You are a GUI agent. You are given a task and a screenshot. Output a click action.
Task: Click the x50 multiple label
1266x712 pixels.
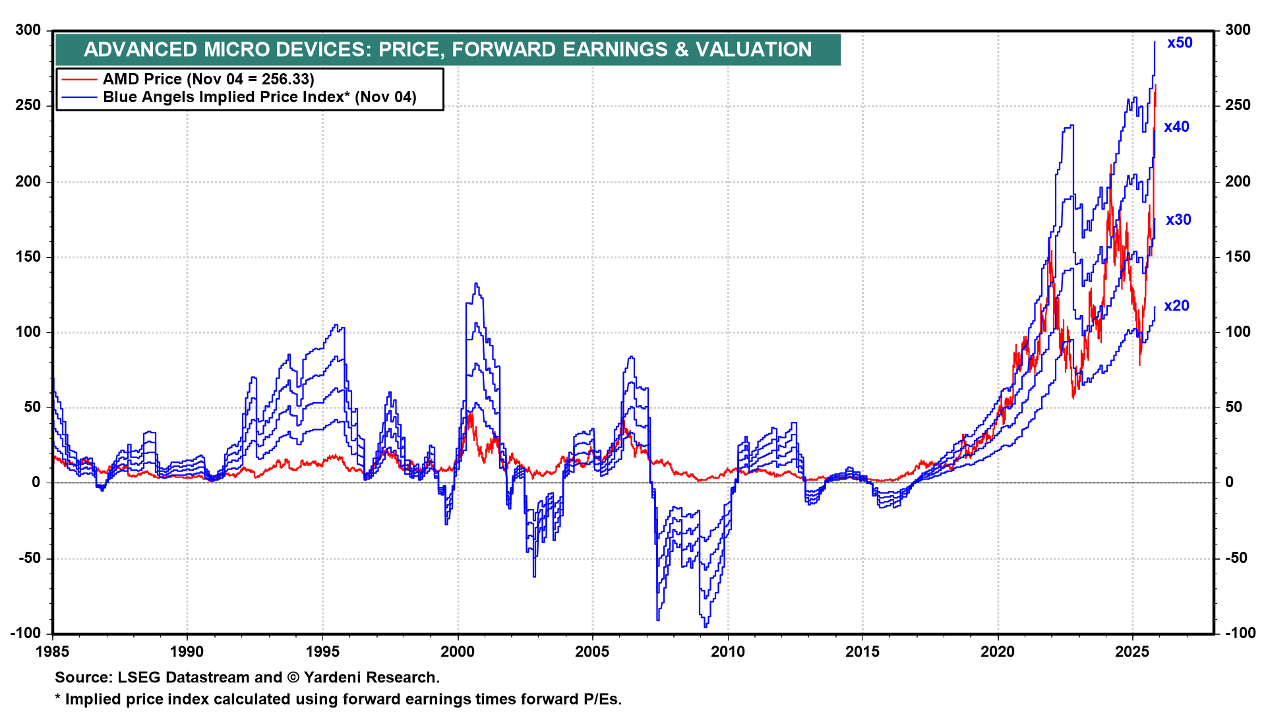pyautogui.click(x=1179, y=43)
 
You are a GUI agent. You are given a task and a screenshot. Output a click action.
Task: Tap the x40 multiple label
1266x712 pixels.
pyautogui.click(x=1176, y=127)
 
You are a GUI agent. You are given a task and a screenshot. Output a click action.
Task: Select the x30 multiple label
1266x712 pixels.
pyautogui.click(x=1178, y=220)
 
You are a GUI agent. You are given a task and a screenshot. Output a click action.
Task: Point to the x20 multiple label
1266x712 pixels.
pyautogui.click(x=1176, y=306)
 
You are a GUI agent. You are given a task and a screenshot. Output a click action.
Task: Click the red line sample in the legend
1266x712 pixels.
pyautogui.click(x=79, y=80)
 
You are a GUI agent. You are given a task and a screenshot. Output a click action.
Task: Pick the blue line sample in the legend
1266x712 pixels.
pyautogui.click(x=79, y=98)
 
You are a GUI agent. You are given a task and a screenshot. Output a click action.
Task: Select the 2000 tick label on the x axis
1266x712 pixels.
pyautogui.click(x=457, y=652)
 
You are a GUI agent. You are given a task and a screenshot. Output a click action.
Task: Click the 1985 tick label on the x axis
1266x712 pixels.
pyautogui.click(x=53, y=652)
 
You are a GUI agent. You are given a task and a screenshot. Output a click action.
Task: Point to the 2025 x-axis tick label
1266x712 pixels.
pyautogui.click(x=1132, y=652)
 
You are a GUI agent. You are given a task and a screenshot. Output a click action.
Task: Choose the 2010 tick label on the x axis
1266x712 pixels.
pyautogui.click(x=727, y=652)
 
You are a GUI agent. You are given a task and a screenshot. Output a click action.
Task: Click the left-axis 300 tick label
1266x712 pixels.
pyautogui.click(x=28, y=30)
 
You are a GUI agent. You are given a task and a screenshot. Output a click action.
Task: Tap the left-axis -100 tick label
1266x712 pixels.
pyautogui.click(x=26, y=633)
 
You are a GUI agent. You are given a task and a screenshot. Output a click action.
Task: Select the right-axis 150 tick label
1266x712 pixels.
pyautogui.click(x=1238, y=257)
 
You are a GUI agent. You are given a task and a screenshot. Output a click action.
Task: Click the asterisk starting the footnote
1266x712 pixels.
pyautogui.click(x=58, y=697)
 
